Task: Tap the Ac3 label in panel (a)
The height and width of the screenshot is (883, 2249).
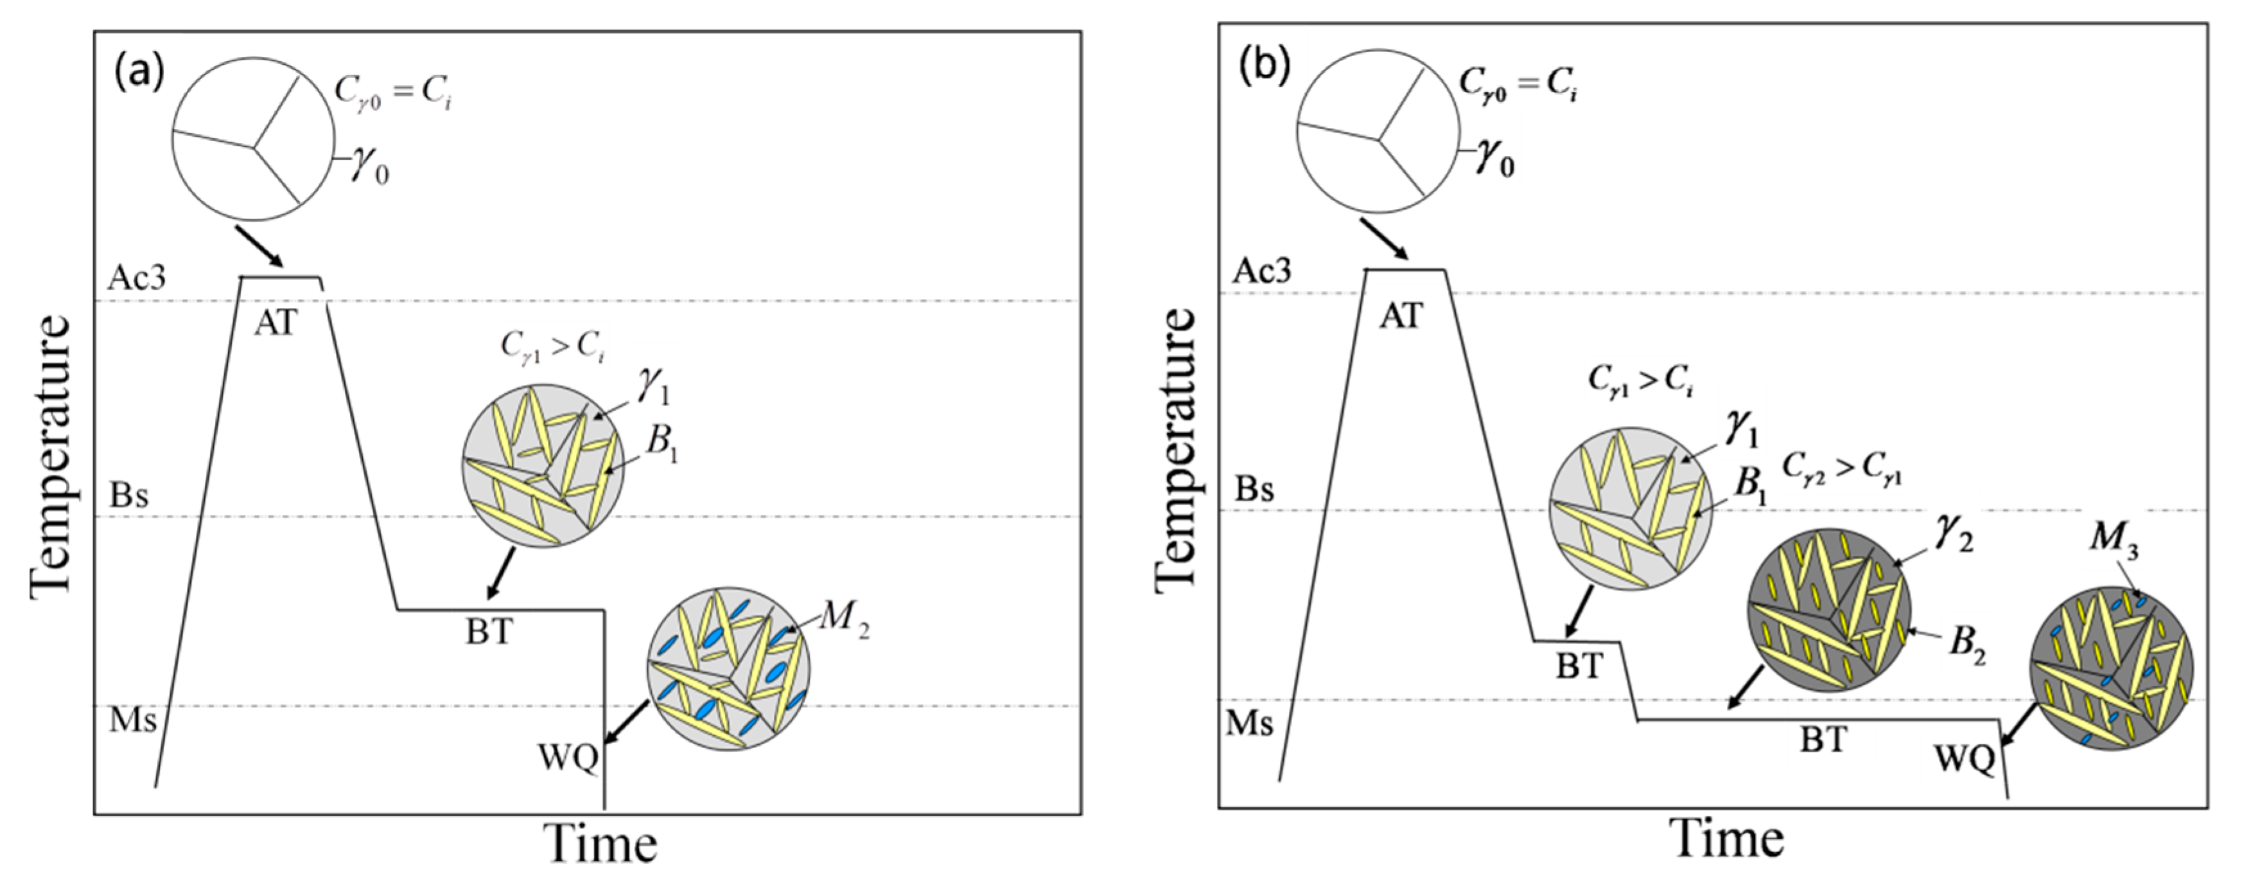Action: tap(136, 278)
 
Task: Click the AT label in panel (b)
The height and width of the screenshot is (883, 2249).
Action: tap(1401, 316)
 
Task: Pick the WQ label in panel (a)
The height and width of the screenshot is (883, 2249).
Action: tap(568, 758)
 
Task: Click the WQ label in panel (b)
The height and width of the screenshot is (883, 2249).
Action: tap(1965, 760)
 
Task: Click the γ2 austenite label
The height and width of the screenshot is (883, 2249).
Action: tap(1954, 535)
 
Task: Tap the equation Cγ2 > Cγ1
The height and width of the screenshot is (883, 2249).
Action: tap(1841, 469)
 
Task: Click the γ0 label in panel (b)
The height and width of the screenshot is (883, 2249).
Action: tap(1494, 161)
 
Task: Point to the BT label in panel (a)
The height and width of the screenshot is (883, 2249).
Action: tap(488, 630)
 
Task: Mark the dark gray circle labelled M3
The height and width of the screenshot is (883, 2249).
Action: tap(2110, 668)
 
